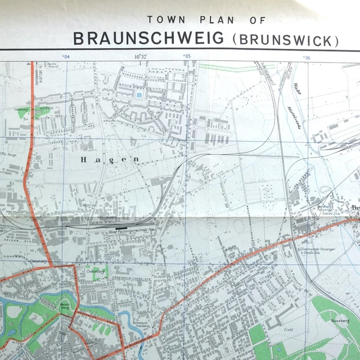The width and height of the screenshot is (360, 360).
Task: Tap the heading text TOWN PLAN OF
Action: coord(205,19)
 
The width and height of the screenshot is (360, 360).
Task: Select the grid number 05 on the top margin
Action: coord(187,56)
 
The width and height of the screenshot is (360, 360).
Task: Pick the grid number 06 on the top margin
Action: coord(307,57)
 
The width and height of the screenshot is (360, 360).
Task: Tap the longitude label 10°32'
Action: coord(141,56)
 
